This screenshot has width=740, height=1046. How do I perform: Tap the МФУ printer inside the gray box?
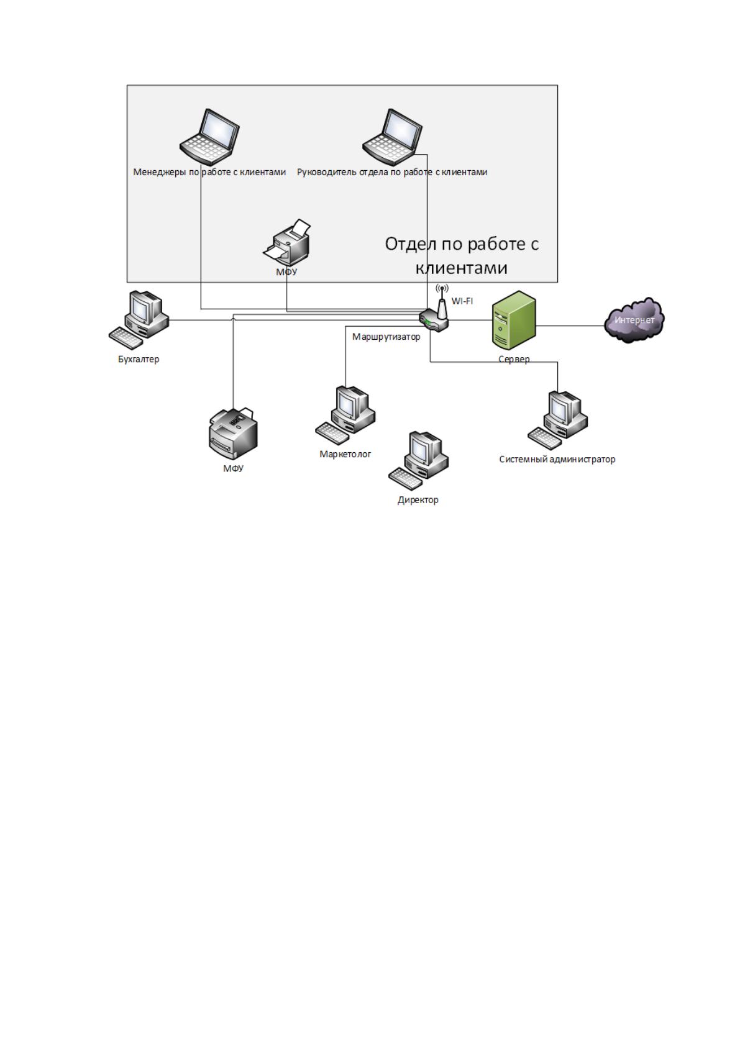[287, 242]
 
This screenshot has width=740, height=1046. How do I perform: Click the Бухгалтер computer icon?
[139, 320]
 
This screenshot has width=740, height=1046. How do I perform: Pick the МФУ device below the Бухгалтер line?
[232, 434]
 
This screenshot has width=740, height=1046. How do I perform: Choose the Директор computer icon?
[418, 461]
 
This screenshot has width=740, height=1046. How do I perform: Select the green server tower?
[514, 321]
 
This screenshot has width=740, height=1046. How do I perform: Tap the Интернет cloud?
[634, 321]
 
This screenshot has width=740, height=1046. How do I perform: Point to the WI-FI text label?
[462, 301]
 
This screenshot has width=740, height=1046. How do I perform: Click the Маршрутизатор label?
[386, 337]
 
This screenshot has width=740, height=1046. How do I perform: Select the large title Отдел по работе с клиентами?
[462, 255]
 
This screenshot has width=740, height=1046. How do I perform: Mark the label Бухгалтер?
[139, 359]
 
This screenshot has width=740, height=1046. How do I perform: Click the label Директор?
[418, 499]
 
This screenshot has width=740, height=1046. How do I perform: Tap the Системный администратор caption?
[557, 459]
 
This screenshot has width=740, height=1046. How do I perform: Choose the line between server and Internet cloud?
[570, 325]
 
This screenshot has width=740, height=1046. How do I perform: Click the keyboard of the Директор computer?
[406, 479]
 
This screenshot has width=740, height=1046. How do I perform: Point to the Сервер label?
[514, 359]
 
